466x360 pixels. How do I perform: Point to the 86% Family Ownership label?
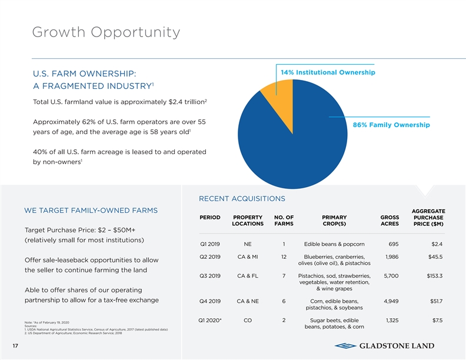click(391, 125)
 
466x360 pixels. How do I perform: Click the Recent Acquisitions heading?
click(242, 198)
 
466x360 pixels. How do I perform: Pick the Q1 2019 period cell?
click(210, 244)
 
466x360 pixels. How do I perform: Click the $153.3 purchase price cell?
click(434, 276)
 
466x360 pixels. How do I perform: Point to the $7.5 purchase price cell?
click(437, 320)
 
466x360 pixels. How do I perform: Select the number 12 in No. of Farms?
click(284, 256)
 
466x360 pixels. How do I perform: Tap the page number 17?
click(14, 345)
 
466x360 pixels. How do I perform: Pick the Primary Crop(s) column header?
click(334, 220)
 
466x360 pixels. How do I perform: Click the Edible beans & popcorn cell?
click(334, 244)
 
